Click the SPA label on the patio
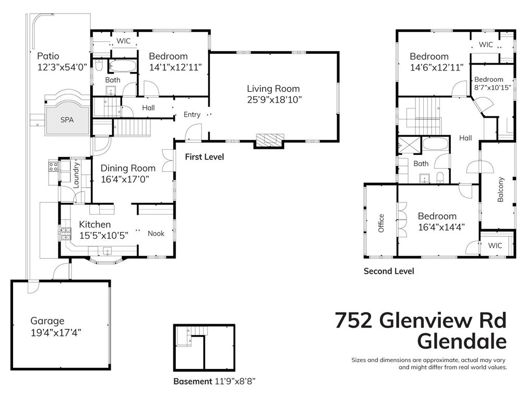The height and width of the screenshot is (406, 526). point(67,120)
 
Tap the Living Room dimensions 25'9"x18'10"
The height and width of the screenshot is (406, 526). point(274,99)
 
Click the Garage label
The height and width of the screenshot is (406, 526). point(47,321)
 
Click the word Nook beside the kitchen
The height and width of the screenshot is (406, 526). point(156,233)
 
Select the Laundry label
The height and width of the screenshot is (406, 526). point(77,174)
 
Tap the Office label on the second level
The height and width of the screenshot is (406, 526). point(381,223)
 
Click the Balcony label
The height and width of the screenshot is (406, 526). point(501,190)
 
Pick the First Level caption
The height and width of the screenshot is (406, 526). point(205,157)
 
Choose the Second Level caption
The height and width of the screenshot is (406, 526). point(389,271)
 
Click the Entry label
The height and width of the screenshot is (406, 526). point(192,114)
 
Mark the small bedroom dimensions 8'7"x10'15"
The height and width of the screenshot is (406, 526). point(492,88)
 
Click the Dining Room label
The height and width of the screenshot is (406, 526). point(128,168)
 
